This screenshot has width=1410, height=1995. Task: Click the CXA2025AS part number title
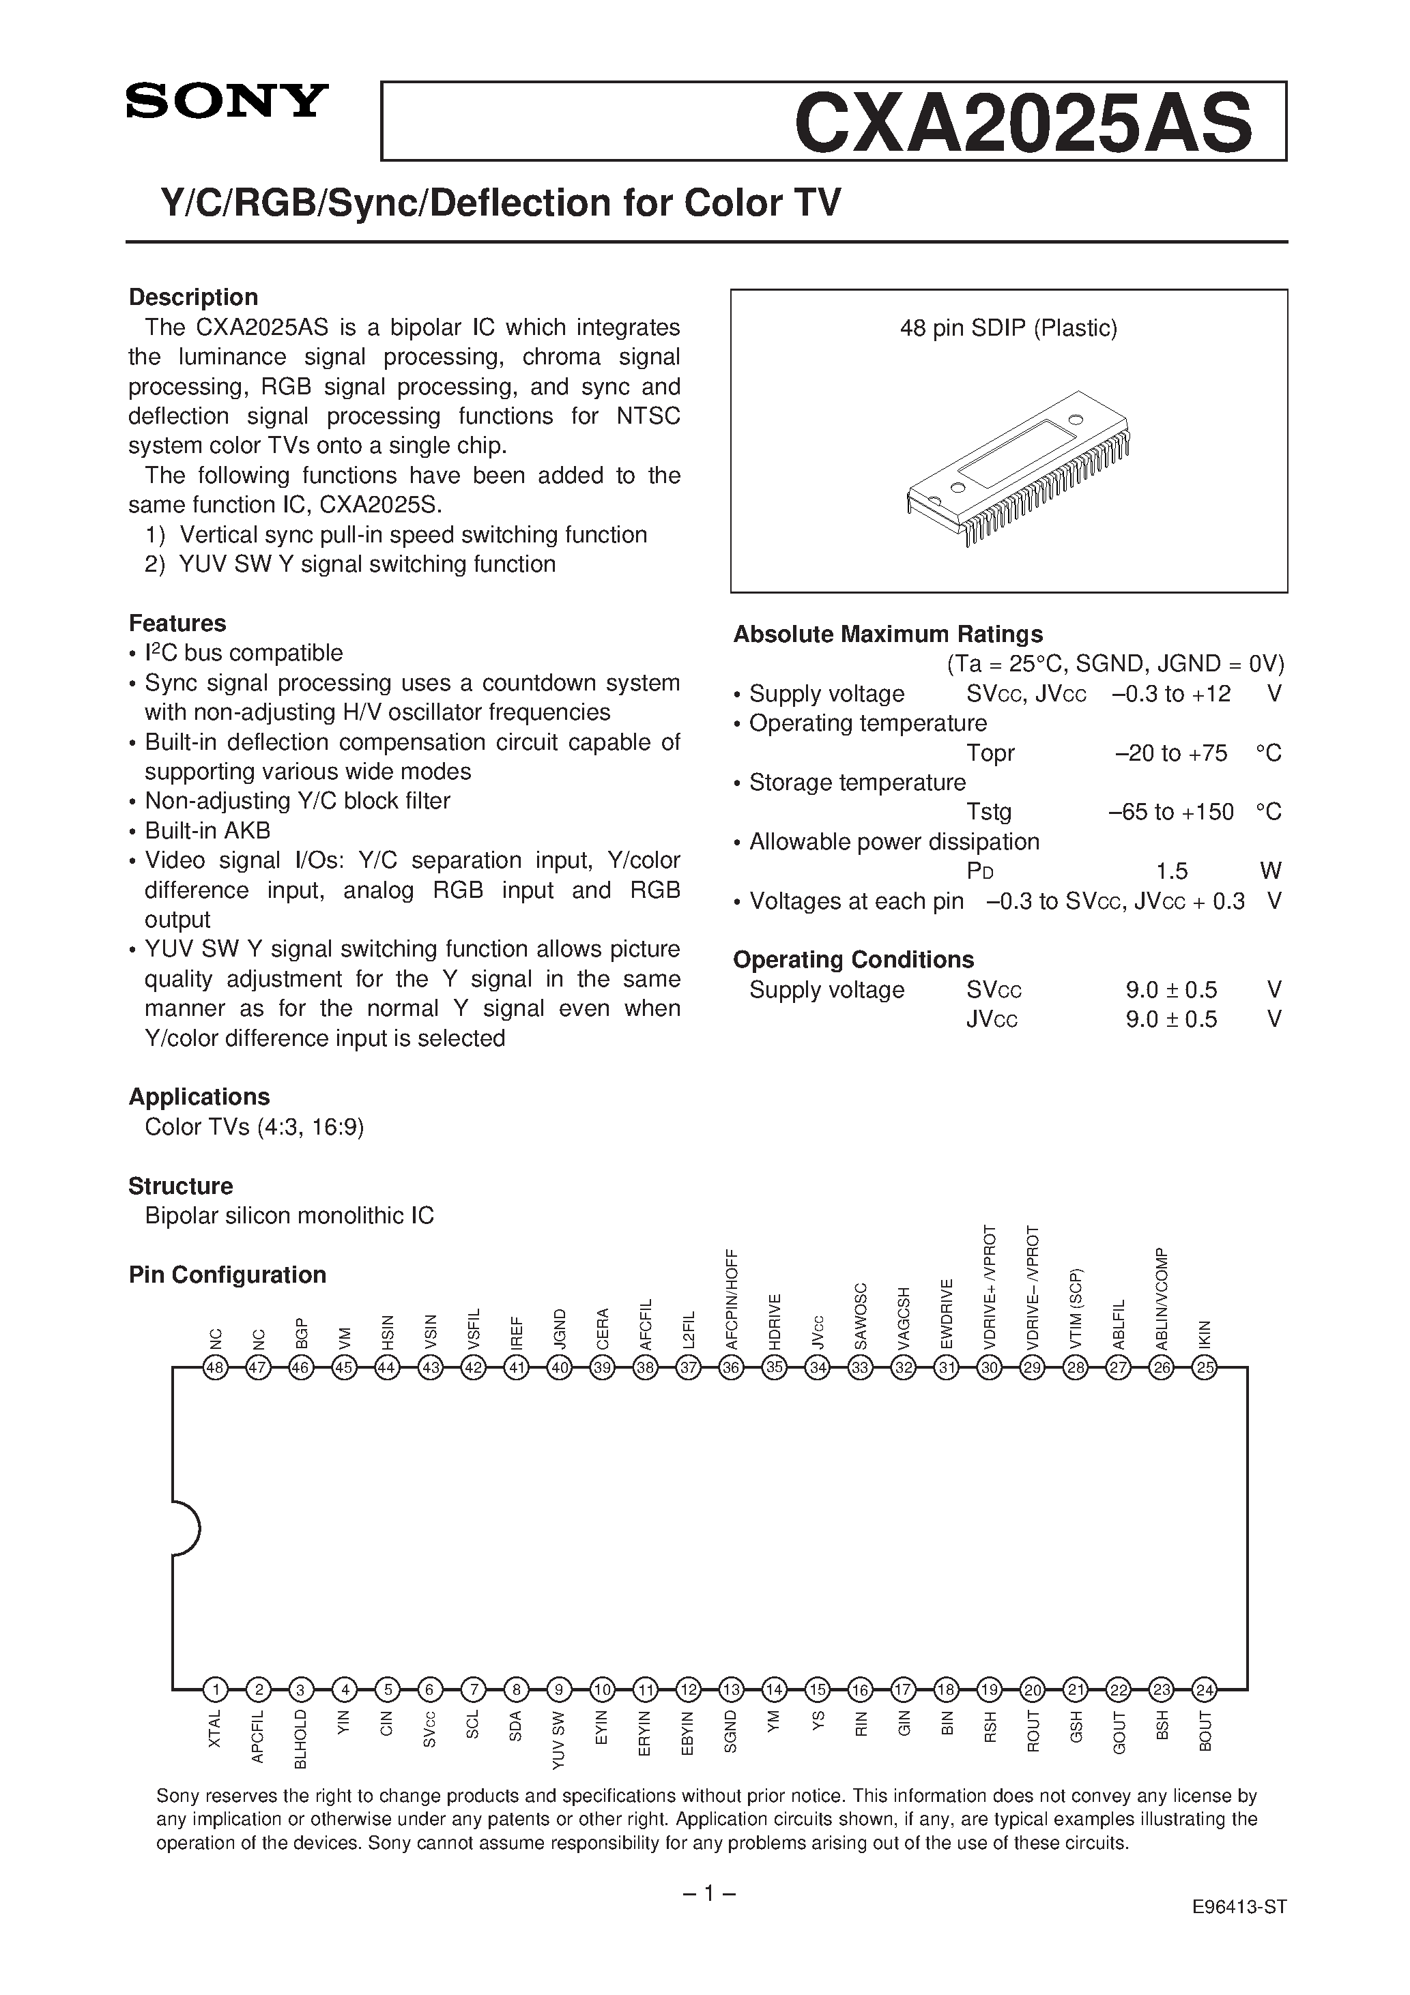[x=1023, y=124]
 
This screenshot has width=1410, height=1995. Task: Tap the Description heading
[x=193, y=297]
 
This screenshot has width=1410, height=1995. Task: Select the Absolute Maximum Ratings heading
[x=887, y=635]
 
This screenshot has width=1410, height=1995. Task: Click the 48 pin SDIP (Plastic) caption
[x=1009, y=327]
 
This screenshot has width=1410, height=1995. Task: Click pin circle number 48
[x=215, y=1369]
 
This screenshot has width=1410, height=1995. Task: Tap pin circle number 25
[x=1204, y=1369]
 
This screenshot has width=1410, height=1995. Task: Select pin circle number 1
[x=215, y=1690]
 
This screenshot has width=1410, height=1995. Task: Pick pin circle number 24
[x=1204, y=1690]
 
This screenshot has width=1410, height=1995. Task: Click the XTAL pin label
[x=215, y=1728]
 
